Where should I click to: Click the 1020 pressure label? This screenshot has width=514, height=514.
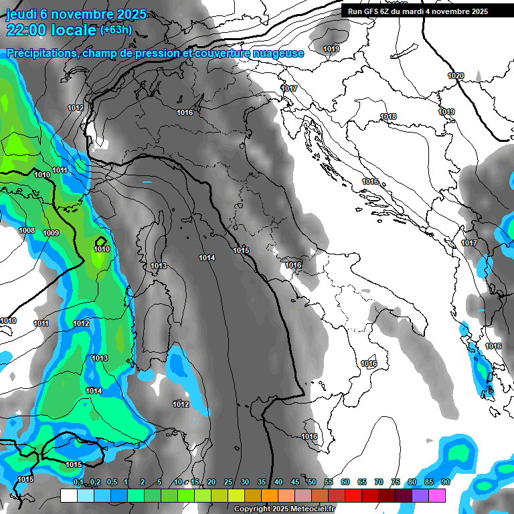click(x=455, y=76)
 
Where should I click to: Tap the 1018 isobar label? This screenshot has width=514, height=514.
click(x=388, y=117)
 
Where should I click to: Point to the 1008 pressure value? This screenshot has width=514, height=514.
click(x=27, y=231)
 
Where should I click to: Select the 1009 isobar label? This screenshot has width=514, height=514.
click(x=51, y=233)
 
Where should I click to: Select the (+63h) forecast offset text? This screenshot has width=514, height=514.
click(x=116, y=30)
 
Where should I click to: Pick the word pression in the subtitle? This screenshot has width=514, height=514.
click(x=146, y=54)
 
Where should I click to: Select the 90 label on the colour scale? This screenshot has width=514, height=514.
click(x=446, y=482)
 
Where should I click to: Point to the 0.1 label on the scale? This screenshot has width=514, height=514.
click(x=78, y=482)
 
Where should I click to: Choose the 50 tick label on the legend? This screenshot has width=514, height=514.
click(x=312, y=482)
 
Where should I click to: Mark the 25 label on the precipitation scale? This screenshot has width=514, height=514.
click(x=228, y=482)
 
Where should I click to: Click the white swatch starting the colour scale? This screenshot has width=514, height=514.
click(x=68, y=495)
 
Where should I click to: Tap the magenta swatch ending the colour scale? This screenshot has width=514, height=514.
click(x=437, y=495)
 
